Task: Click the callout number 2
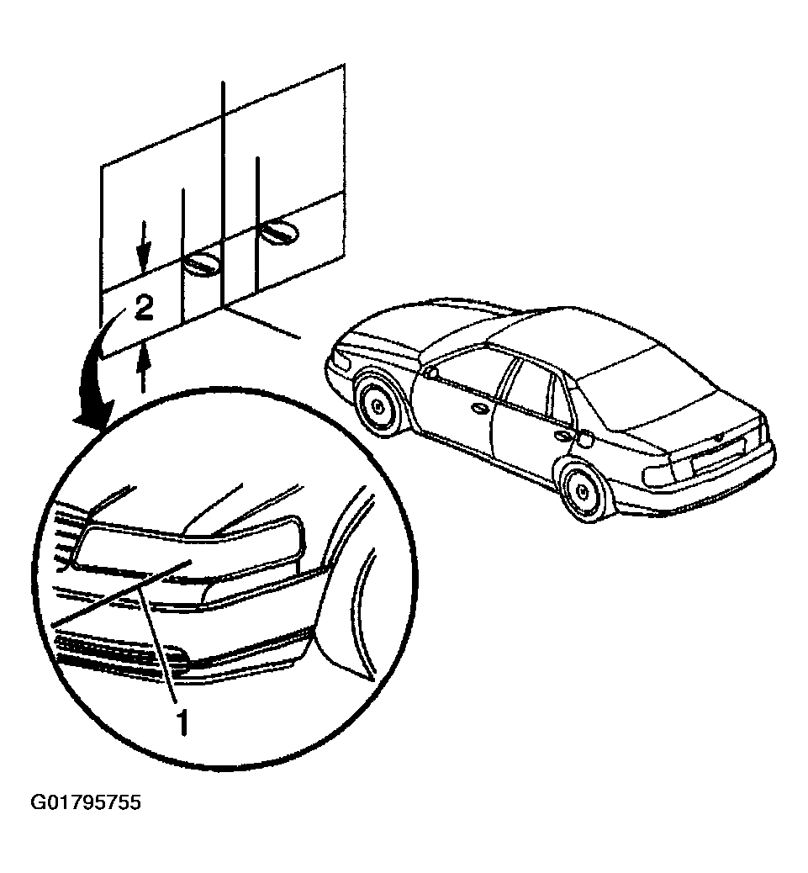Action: (x=144, y=308)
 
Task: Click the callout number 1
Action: (x=182, y=722)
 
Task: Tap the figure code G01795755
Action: (x=86, y=802)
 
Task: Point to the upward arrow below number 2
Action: (x=144, y=367)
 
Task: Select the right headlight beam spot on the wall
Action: (x=279, y=232)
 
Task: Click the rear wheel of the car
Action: (x=582, y=490)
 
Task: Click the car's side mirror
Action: (x=430, y=372)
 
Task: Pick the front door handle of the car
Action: (x=478, y=410)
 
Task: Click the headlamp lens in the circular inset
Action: (x=189, y=548)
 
